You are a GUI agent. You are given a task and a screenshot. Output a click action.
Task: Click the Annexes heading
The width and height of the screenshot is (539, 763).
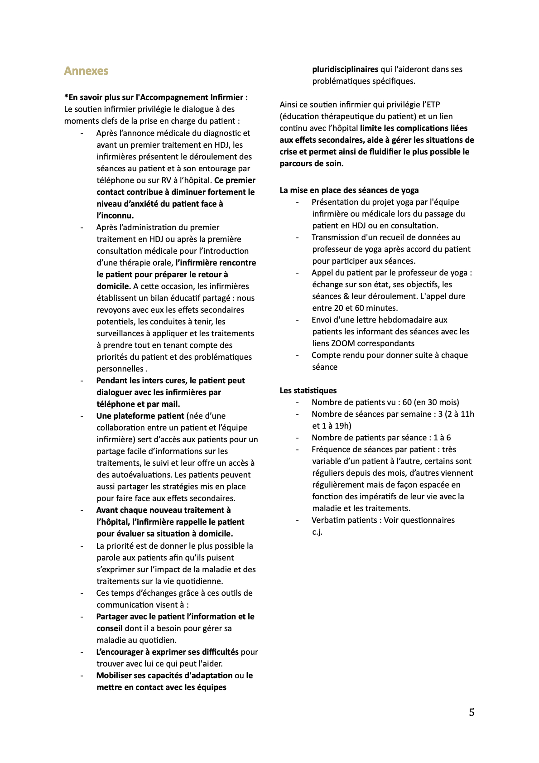pos(86,71)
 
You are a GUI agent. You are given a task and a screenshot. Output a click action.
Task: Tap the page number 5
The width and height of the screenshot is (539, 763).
pos(472,712)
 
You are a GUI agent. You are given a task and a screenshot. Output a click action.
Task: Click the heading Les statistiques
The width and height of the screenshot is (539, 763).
pos(308,391)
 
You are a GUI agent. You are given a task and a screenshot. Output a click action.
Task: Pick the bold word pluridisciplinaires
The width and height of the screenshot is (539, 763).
pos(345,69)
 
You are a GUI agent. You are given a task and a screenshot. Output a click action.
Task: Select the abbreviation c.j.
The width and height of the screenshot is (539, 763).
pos(317,532)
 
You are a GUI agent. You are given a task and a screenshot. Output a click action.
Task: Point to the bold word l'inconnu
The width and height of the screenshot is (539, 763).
pos(115,216)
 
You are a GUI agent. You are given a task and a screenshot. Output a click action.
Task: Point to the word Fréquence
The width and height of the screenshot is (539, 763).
pos(330,449)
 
